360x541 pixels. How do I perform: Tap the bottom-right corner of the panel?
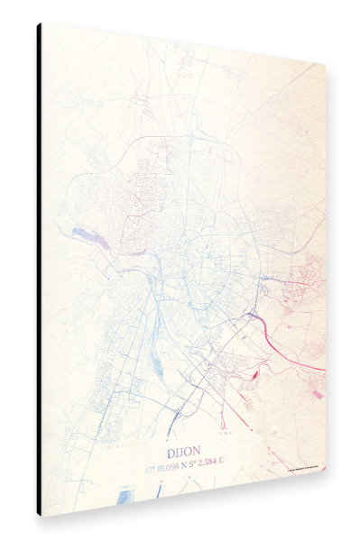[x=326, y=468]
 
